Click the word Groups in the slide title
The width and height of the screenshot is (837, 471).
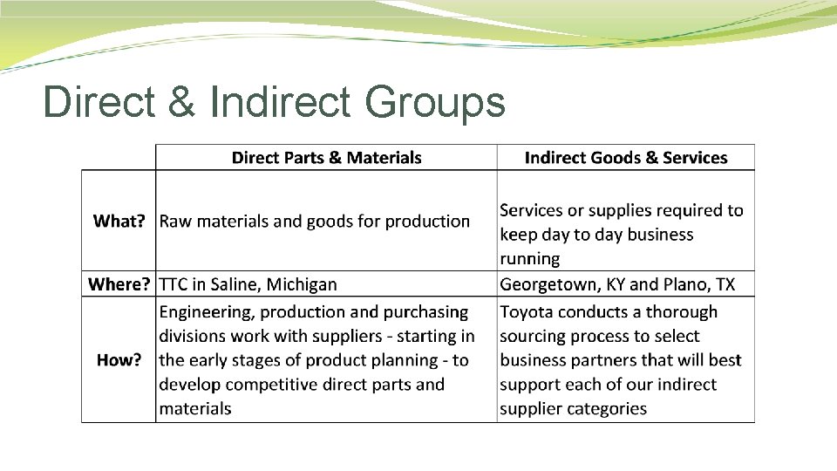[x=434, y=102]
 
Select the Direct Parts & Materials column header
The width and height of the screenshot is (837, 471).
[x=326, y=158]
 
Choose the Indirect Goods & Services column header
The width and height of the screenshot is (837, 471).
[x=625, y=158]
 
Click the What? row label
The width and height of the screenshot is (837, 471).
[x=119, y=222]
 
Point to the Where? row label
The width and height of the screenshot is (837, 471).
[x=119, y=284]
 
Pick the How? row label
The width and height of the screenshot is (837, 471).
[x=119, y=360]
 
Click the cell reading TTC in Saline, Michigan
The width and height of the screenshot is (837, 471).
[x=248, y=284]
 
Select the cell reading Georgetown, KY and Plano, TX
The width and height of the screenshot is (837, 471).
[x=617, y=284]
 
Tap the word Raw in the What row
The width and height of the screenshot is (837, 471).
[x=175, y=222]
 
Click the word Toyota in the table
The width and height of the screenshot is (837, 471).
[x=527, y=312]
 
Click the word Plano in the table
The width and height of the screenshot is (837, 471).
[x=686, y=284]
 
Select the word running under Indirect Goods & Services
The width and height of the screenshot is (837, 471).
[x=530, y=259]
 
